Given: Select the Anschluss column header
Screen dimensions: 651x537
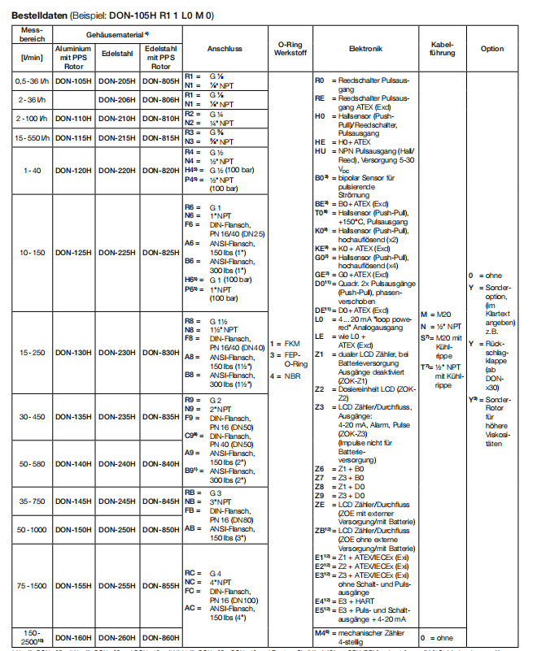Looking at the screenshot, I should (x=225, y=49).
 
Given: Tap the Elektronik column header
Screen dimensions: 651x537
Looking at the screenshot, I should (x=365, y=49).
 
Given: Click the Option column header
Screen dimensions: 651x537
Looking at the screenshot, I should (x=491, y=49).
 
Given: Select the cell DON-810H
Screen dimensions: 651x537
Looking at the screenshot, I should (x=160, y=119).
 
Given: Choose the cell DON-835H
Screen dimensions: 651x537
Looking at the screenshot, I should (x=160, y=417).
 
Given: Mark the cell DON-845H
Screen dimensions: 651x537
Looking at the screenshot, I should (x=160, y=501).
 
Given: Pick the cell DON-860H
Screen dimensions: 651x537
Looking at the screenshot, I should (x=160, y=637).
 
